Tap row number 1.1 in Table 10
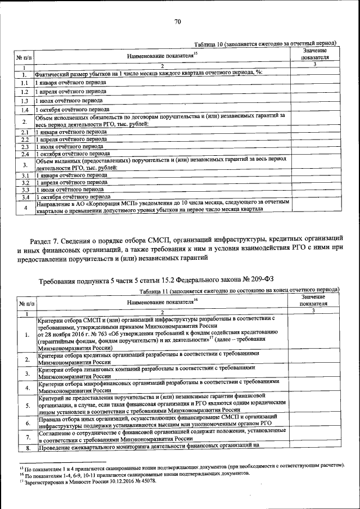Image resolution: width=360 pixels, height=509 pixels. pyautogui.click(x=24, y=83)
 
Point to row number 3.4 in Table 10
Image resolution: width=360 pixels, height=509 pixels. pyautogui.click(x=24, y=197)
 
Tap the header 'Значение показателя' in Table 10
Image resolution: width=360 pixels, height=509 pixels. pyautogui.click(x=314, y=54)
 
